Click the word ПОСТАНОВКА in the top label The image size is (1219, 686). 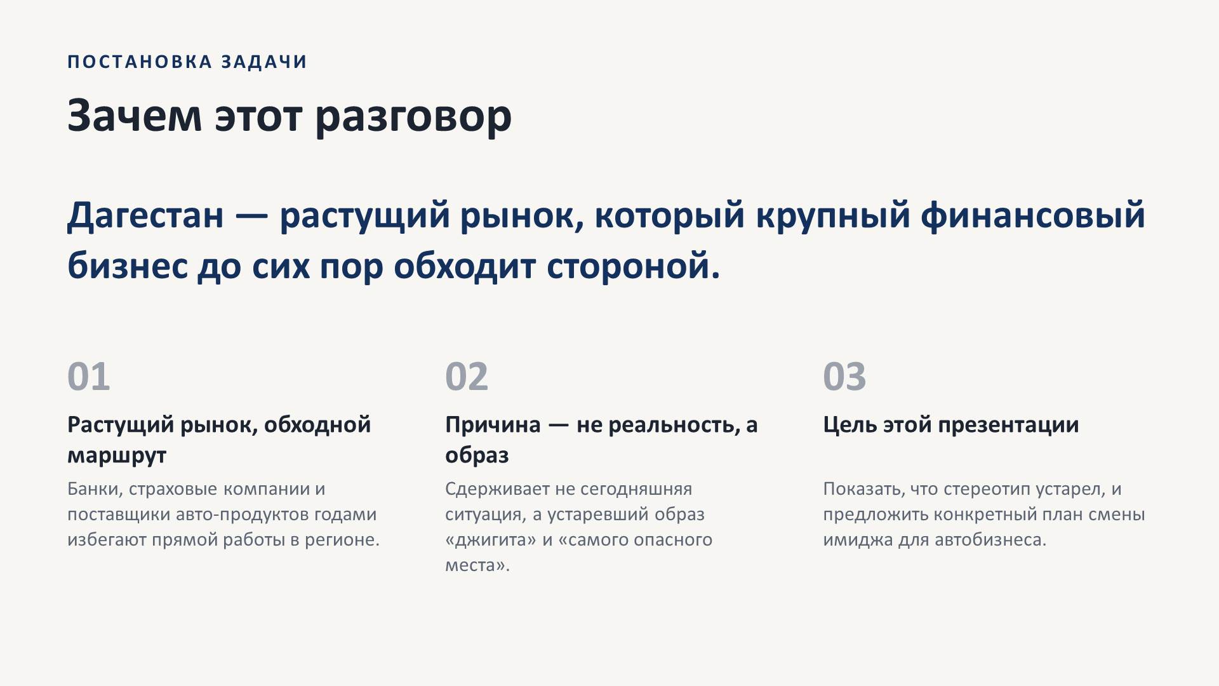coord(140,62)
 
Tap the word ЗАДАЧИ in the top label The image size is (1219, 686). coord(265,62)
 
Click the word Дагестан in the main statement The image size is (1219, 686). coord(145,215)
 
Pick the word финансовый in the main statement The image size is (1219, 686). coord(1033,215)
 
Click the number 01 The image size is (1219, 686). coord(89,376)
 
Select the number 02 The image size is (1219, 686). coord(467,376)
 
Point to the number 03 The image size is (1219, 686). coord(844,376)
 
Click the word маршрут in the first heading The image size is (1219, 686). coord(117,456)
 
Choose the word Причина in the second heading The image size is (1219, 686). coord(493,424)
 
